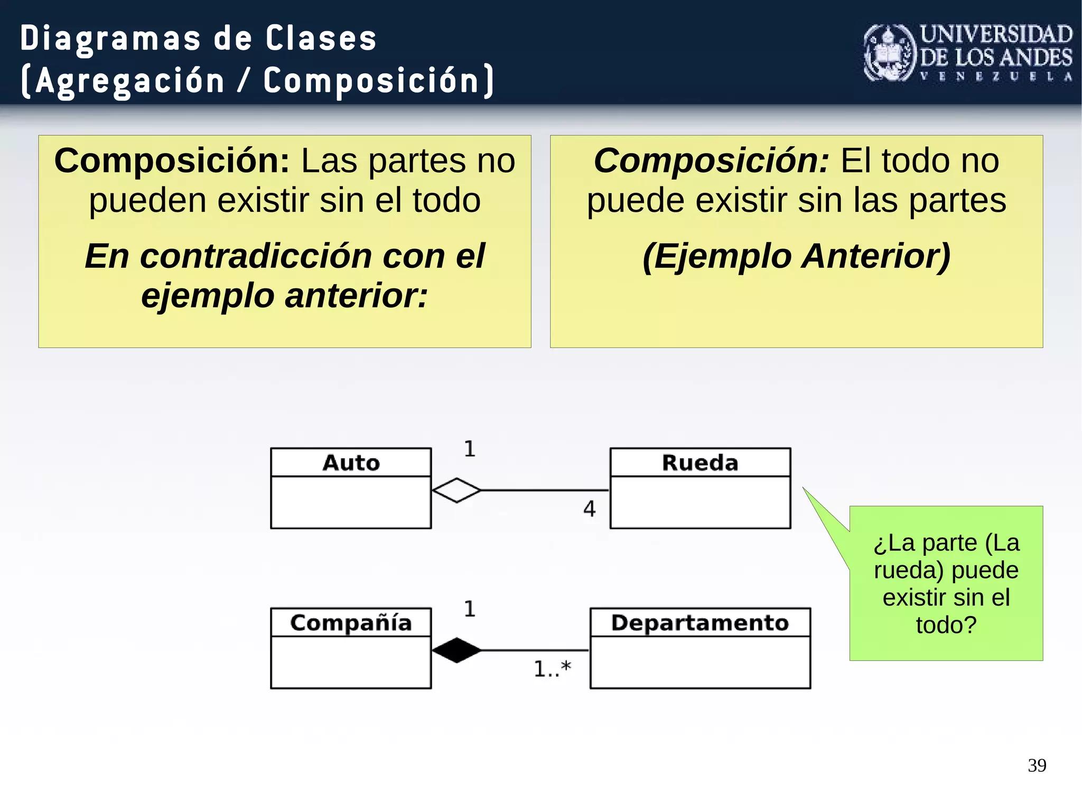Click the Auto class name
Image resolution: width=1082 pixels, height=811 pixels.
tap(351, 463)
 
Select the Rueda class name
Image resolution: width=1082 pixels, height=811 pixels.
tap(700, 463)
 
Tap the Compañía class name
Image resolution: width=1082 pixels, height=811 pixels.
tap(351, 622)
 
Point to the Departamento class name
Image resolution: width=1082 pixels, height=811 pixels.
tap(700, 622)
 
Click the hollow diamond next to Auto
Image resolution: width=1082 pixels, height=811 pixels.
tap(456, 490)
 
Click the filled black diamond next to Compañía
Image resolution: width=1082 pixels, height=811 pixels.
tap(456, 650)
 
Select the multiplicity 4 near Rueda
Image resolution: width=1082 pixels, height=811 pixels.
tap(590, 509)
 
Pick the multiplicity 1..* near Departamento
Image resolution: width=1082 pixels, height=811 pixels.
tap(552, 669)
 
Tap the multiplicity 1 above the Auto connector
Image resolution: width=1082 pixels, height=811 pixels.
tap(470, 449)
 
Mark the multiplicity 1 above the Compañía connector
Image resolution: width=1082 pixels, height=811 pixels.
tap(470, 609)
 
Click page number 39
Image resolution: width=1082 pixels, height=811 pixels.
tap(1037, 765)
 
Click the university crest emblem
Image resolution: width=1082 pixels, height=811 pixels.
tap(889, 53)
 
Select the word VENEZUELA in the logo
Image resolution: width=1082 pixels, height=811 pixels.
tap(996, 77)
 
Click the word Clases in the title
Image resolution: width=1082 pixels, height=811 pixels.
tap(321, 39)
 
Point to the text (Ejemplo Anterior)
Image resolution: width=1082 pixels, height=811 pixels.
tap(796, 256)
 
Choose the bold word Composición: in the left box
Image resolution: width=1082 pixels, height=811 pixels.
tap(172, 161)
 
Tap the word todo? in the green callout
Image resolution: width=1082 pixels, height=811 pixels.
tap(946, 625)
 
